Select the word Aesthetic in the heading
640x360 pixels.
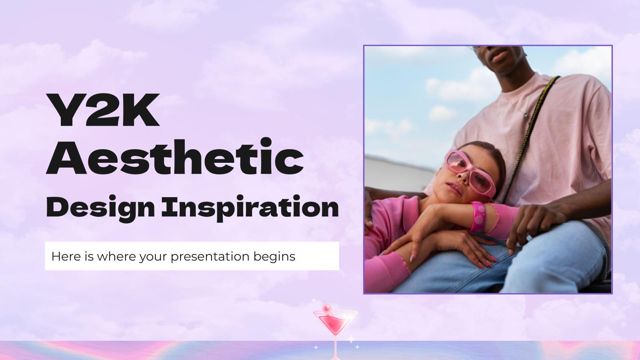(x=175, y=157)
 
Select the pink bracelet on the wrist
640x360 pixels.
(x=477, y=216)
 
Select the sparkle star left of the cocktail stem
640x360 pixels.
(x=316, y=347)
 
